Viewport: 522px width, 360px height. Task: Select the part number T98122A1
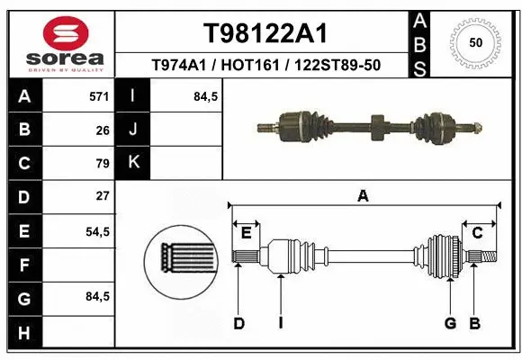265,33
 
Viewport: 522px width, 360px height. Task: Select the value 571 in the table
99,96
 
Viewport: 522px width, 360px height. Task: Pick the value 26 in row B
103,130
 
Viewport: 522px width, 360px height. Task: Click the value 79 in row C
103,164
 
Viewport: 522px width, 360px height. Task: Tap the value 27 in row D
103,196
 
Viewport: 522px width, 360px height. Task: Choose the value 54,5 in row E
97,231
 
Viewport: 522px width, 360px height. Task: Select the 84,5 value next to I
206,96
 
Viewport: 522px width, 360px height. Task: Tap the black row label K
133,163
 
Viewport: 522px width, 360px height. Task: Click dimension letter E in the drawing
246,233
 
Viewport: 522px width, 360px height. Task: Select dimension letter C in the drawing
478,233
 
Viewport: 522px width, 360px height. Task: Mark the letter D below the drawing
238,323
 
